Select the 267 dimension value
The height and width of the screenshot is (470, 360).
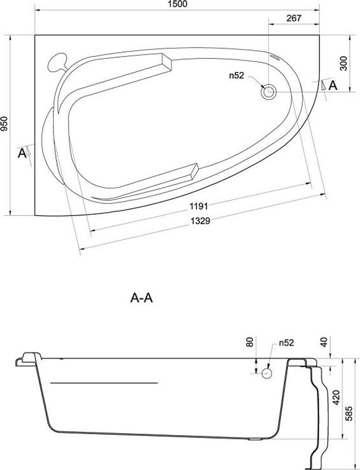[x=293, y=18]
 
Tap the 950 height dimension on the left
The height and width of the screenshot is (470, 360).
[x=4, y=124]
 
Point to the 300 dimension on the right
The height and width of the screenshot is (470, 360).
[x=344, y=63]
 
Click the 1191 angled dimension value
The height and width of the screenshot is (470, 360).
[x=199, y=206]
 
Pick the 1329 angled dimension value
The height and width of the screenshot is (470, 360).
[x=200, y=221]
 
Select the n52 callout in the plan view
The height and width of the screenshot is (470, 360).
[x=237, y=76]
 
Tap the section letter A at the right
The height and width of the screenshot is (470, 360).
[x=333, y=86]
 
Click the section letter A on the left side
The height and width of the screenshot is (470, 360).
[x=22, y=153]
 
